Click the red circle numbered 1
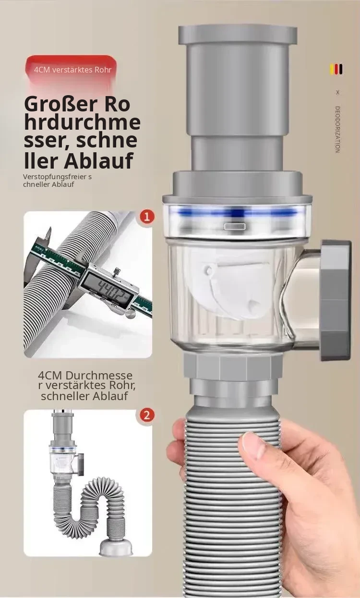pos(146,216)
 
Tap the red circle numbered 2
pos(146,415)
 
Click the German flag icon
pos(337,70)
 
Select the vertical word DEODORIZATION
pos(337,130)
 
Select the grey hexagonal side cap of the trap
pos(336,301)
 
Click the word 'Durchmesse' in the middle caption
pos(99,376)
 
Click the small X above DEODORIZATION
pos(337,92)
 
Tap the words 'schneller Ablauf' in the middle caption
pos(84,396)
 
